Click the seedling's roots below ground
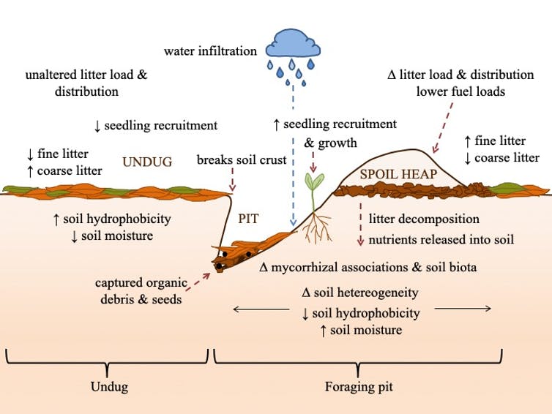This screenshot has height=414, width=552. coord(317,228)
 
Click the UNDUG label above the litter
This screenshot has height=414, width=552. coord(146,161)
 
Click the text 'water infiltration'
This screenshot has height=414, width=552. coord(210,51)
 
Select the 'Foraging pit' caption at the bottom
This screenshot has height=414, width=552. coord(359,386)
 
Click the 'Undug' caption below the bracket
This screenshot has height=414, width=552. coord(108,386)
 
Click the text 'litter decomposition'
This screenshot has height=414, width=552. coord(424,219)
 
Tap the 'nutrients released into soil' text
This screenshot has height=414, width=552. coord(441,239)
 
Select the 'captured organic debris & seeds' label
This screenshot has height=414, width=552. coord(141,290)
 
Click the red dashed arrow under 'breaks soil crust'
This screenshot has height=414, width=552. coord(233,180)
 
